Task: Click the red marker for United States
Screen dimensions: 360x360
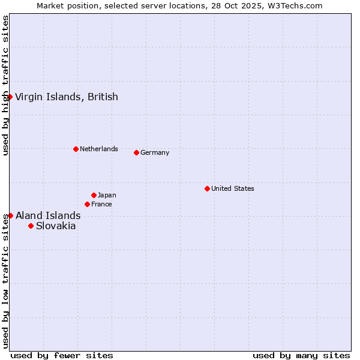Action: (207, 188)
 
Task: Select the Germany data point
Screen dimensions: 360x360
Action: (136, 152)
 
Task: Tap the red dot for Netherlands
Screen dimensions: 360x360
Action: (76, 149)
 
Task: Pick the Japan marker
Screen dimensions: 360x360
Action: (94, 195)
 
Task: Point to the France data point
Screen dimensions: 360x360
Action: (87, 204)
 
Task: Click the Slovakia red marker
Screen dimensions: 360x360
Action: (31, 226)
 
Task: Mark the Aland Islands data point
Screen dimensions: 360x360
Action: (10, 215)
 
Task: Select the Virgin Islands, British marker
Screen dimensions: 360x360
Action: (10, 97)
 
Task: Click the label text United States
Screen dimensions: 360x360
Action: (233, 188)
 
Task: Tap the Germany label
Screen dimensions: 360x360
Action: (155, 152)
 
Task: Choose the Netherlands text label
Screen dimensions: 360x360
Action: (99, 149)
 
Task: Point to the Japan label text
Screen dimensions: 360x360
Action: (107, 195)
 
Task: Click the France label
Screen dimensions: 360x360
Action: (101, 204)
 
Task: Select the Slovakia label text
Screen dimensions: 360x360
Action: (56, 226)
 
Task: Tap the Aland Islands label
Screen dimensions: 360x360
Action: (48, 215)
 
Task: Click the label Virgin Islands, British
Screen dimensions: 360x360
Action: (67, 97)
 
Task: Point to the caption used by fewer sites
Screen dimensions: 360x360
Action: (62, 355)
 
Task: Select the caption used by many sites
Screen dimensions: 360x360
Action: (301, 355)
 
